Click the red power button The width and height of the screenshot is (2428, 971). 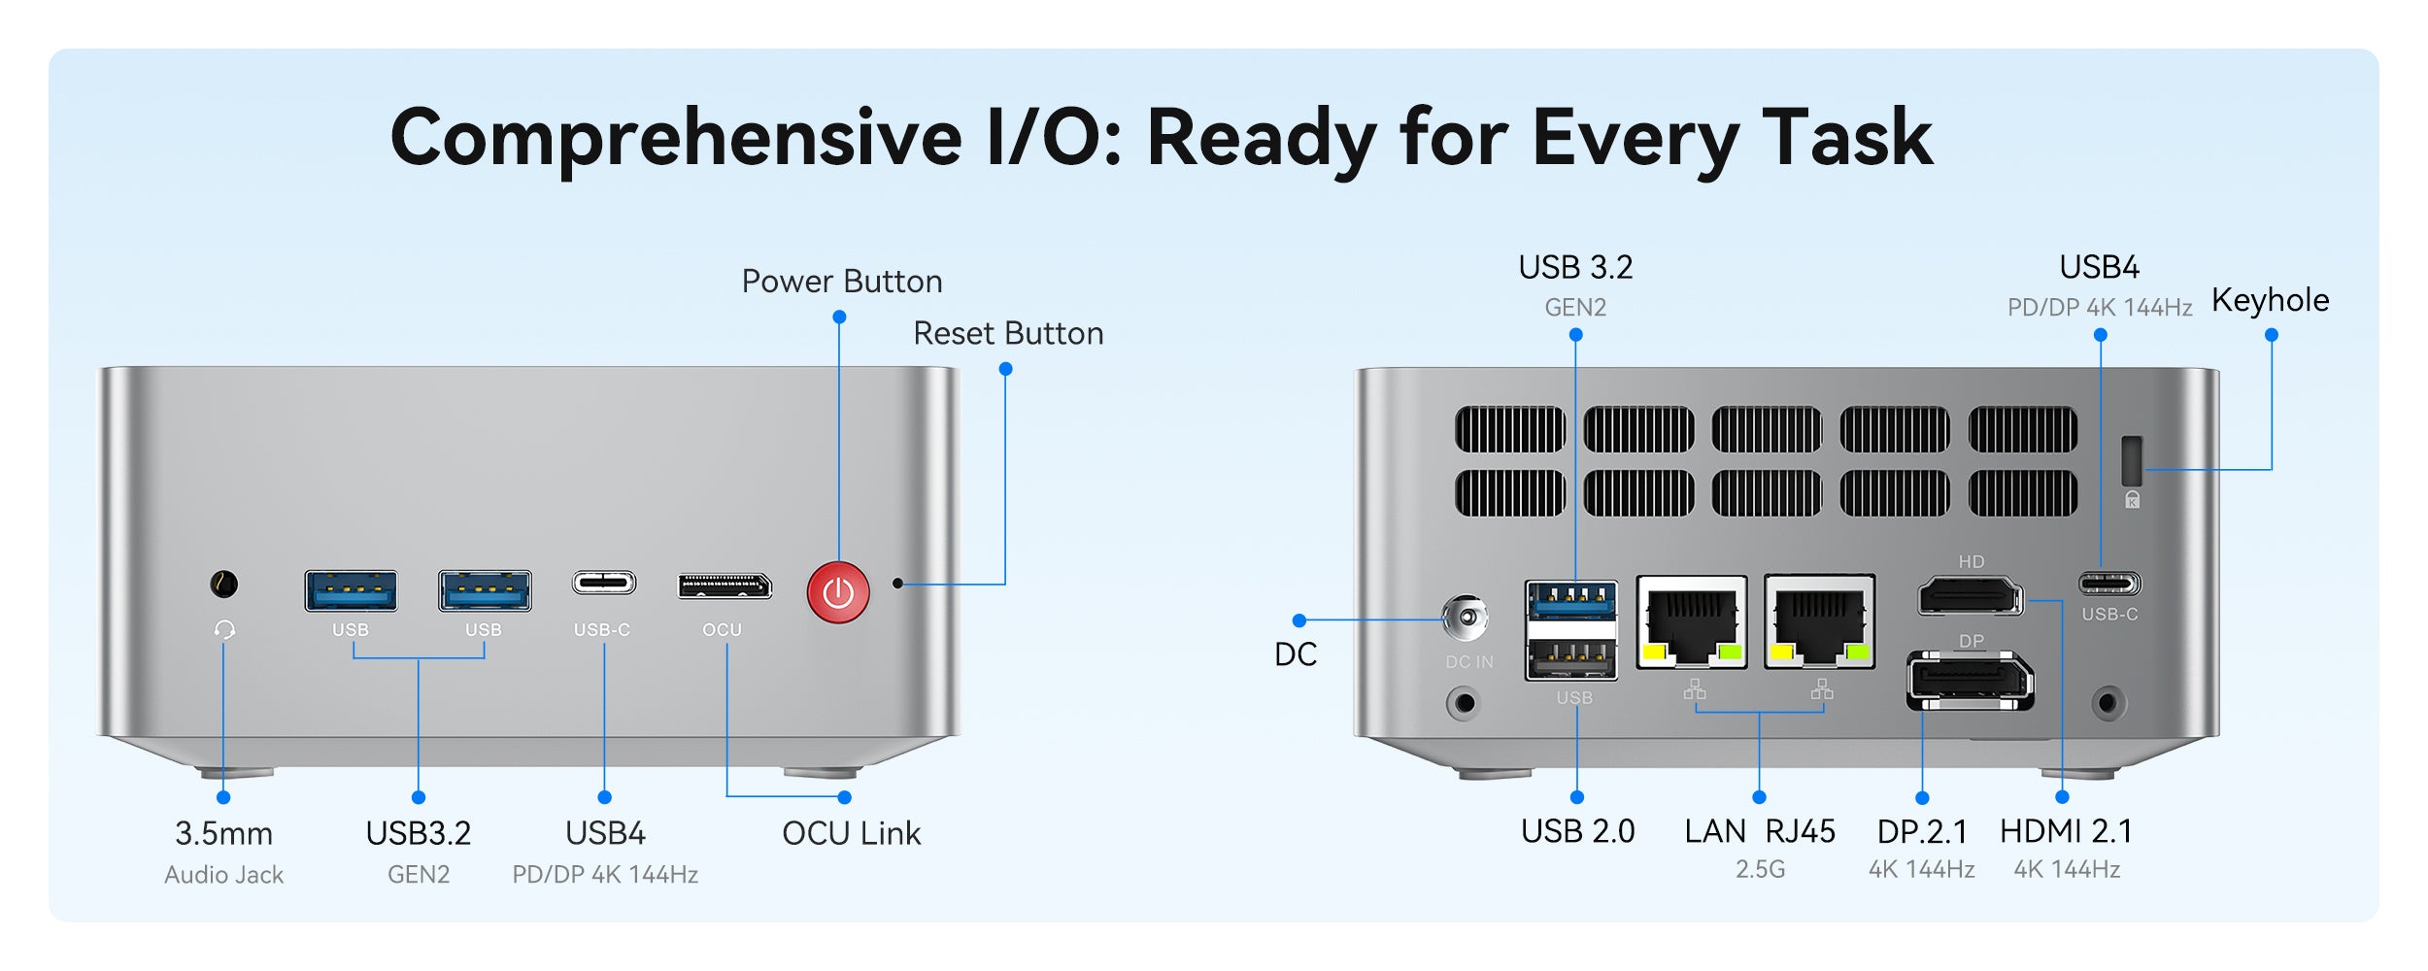click(x=838, y=592)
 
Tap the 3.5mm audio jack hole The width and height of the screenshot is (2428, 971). click(x=224, y=585)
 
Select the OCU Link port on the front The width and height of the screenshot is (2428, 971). click(x=725, y=586)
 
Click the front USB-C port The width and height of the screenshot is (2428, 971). click(x=603, y=583)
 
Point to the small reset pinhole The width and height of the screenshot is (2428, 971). click(x=898, y=584)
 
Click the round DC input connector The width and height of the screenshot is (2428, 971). click(x=1466, y=618)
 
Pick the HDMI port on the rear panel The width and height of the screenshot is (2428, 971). click(x=1970, y=595)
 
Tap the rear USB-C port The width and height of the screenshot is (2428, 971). click(x=2109, y=584)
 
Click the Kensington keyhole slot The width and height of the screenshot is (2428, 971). click(x=2132, y=460)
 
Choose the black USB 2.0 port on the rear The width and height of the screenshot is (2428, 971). click(x=1571, y=659)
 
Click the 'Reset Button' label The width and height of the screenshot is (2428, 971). click(x=1008, y=334)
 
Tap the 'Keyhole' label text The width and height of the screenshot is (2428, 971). click(x=2270, y=300)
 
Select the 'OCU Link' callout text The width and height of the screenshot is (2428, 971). click(x=851, y=833)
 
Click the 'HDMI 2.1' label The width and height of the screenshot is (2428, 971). click(x=2066, y=831)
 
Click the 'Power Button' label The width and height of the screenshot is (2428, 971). click(x=842, y=282)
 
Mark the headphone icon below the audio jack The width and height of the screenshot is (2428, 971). click(x=224, y=630)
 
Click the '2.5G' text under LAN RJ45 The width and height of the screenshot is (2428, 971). click(x=1760, y=869)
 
